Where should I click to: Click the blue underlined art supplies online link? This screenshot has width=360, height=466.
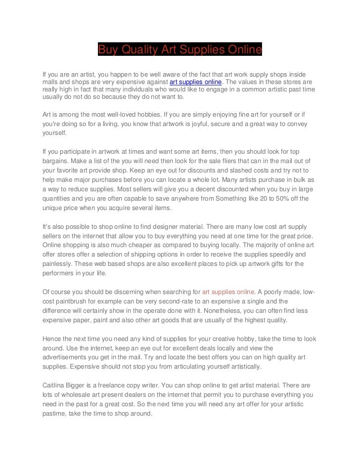point(196,82)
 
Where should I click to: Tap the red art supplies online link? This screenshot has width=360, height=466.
point(228,292)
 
